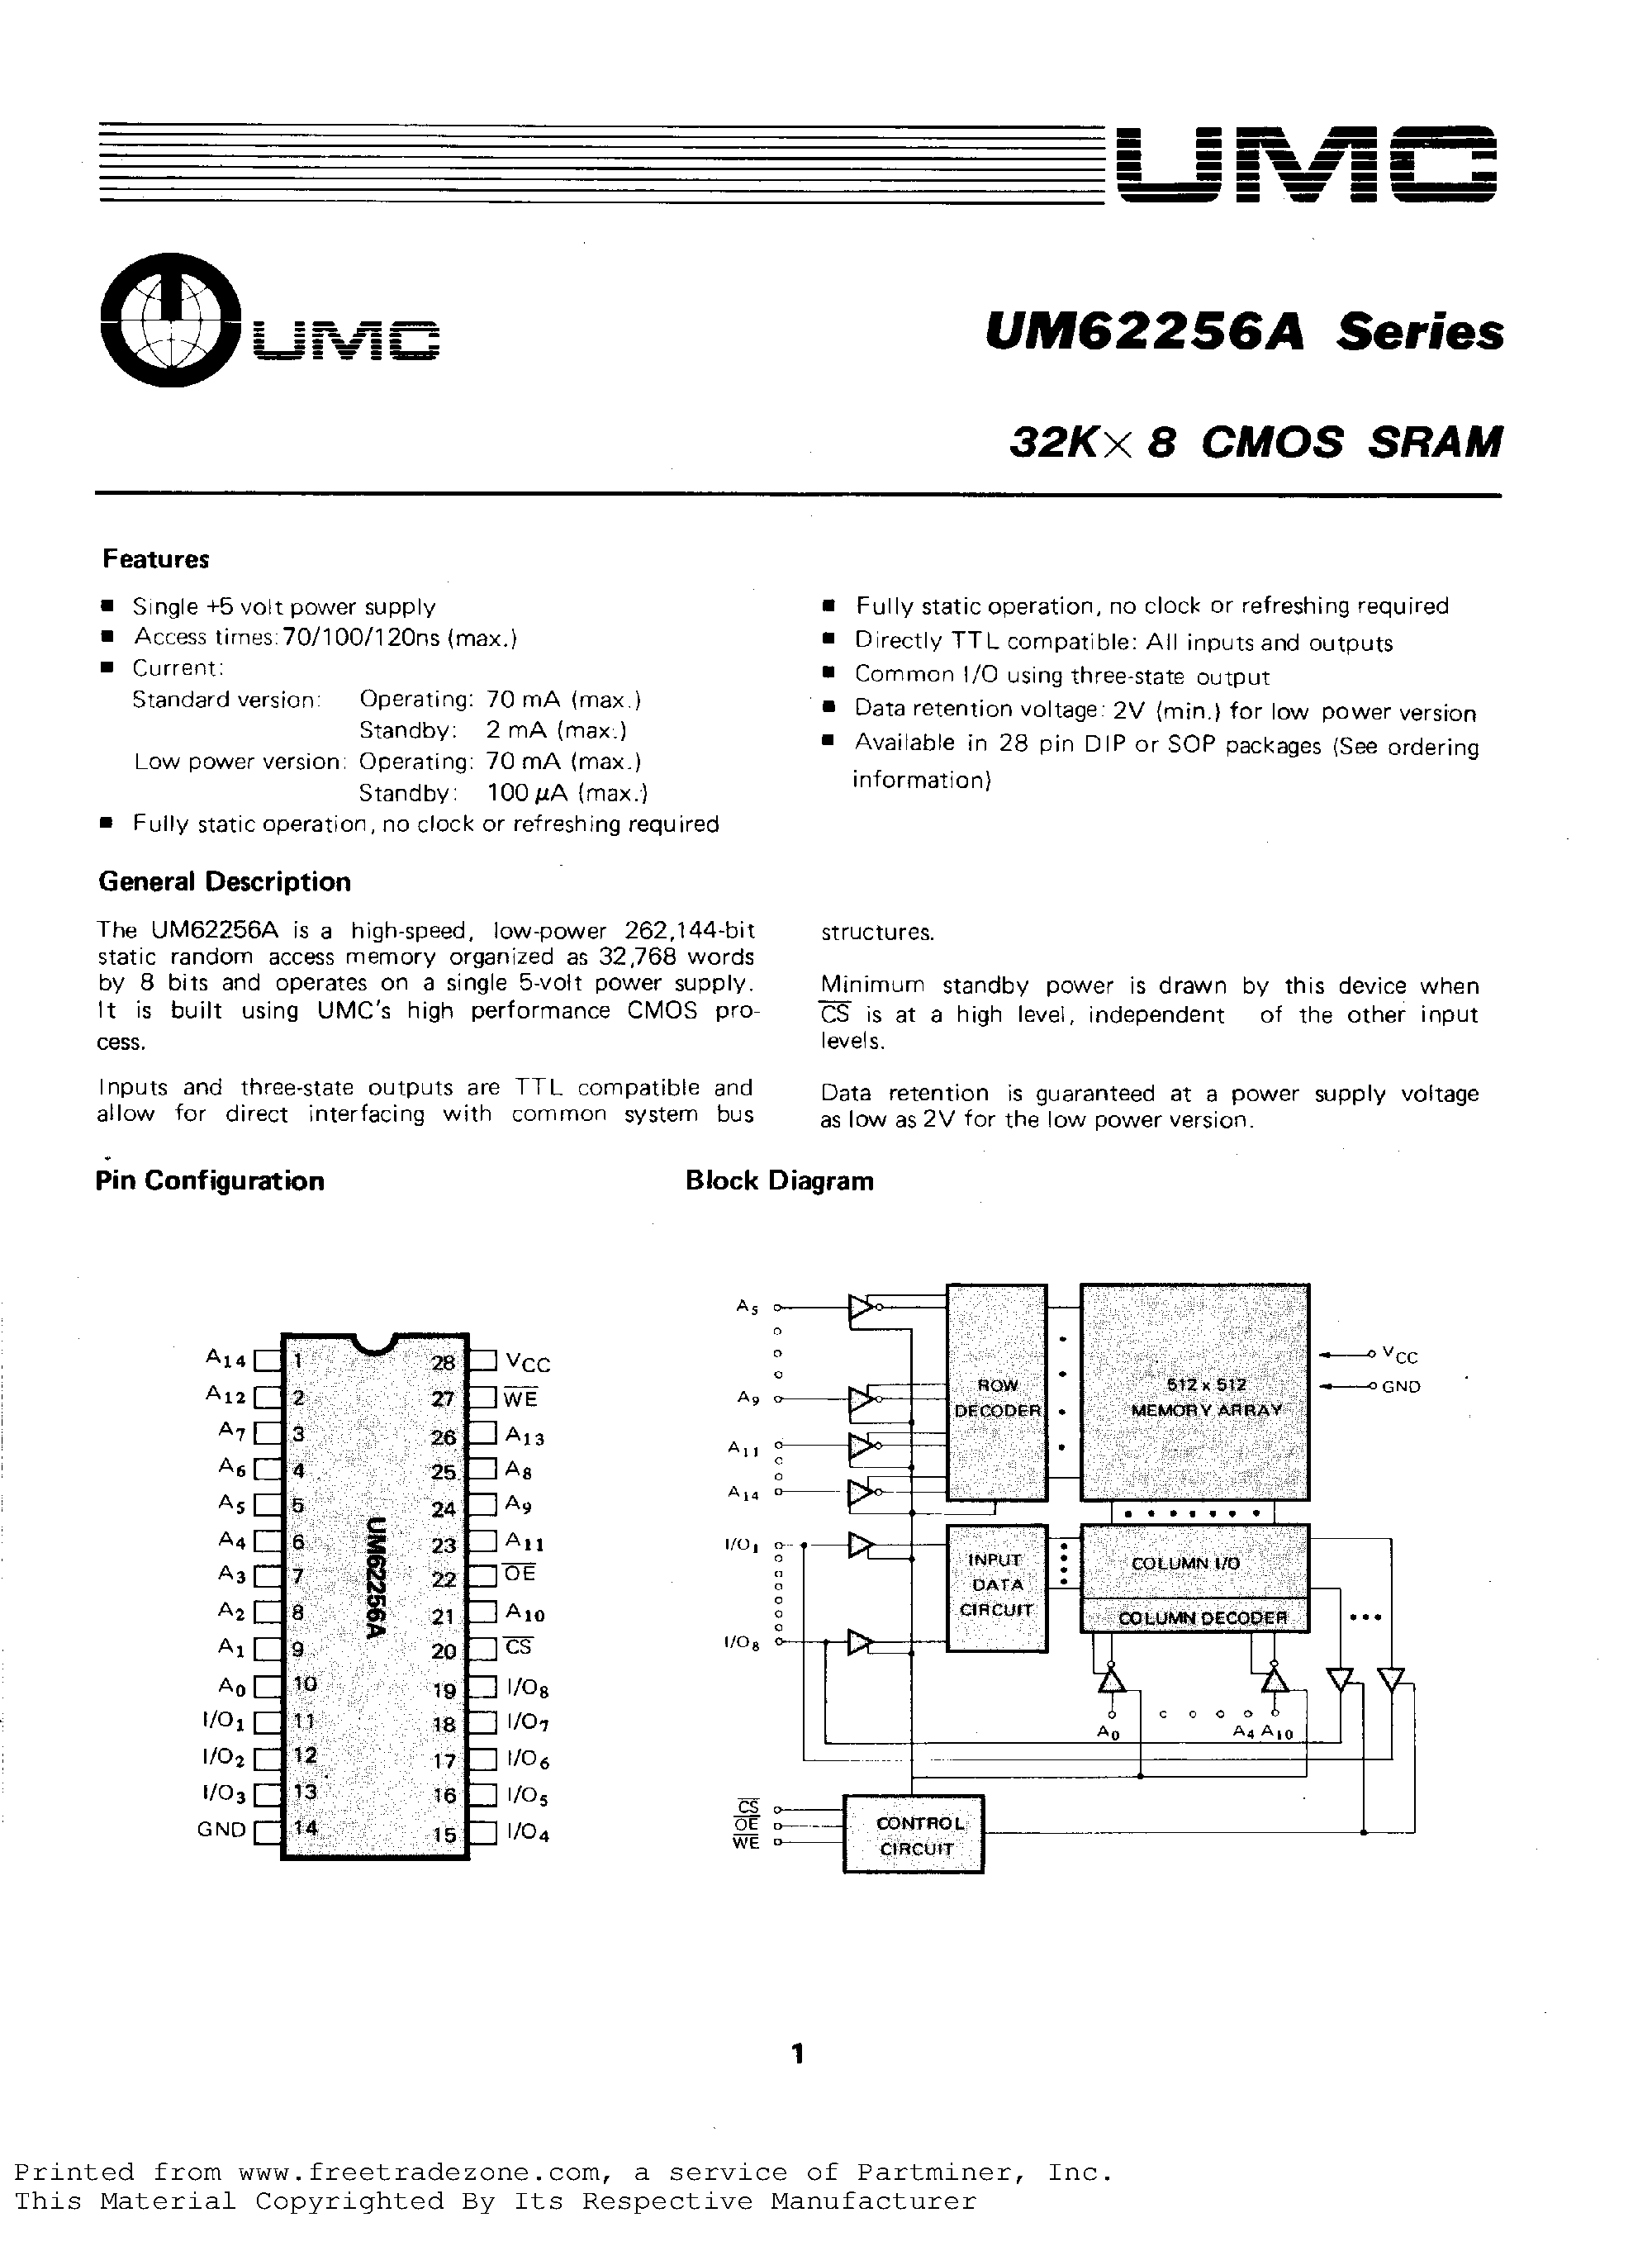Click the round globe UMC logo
[x=170, y=319]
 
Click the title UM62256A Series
[x=1243, y=333]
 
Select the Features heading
[x=155, y=559]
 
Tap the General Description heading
[x=224, y=882]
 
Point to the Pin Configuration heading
[x=210, y=1181]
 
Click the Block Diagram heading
[x=779, y=1181]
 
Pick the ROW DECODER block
[x=997, y=1397]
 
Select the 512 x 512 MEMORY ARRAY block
[x=1194, y=1397]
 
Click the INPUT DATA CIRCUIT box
[x=996, y=1585]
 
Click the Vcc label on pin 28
[x=527, y=1363]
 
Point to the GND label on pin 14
[x=221, y=1829]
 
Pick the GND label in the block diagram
[x=1401, y=1387]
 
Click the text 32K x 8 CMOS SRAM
[x=1255, y=443]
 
